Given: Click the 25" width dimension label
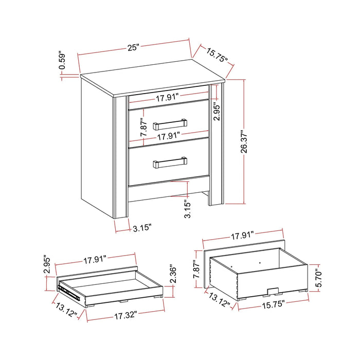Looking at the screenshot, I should pos(134,48).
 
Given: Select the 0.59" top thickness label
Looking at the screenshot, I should pos(62,60).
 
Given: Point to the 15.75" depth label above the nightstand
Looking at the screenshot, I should pos(218,55).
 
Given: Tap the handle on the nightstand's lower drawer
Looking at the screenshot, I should pos(170,163).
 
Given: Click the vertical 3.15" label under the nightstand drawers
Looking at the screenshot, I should pos(188,209).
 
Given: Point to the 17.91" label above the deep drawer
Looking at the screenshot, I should pos(242,236).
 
